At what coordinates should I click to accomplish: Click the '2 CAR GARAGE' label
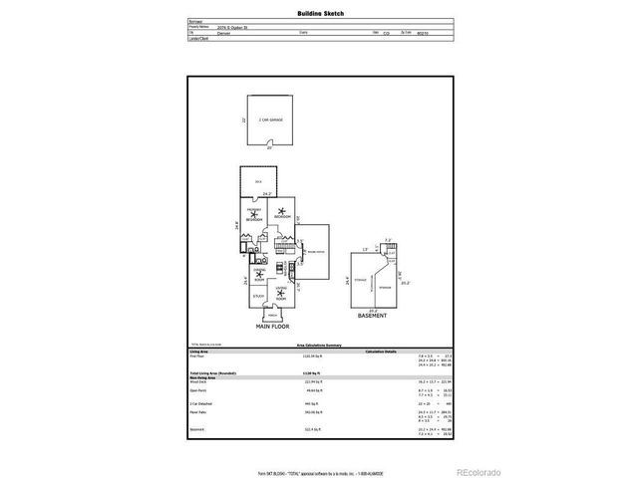click(x=270, y=119)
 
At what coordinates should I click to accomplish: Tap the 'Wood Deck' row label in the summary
click(x=198, y=380)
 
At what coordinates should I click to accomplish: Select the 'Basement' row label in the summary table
click(x=197, y=429)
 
